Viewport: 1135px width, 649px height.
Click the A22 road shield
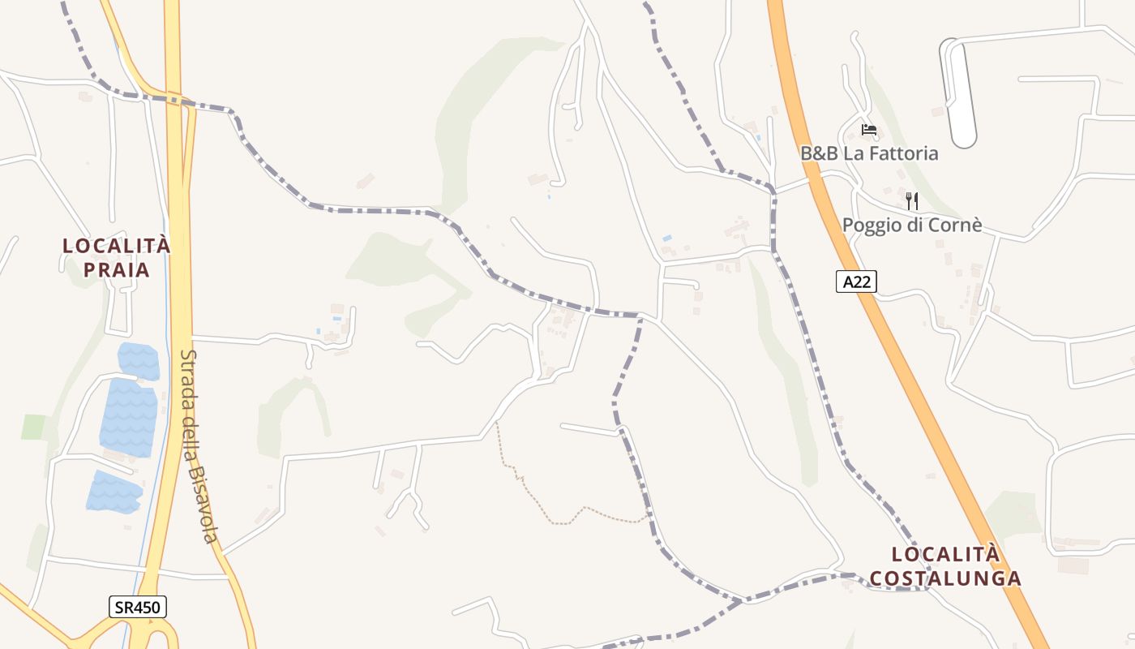[856, 282]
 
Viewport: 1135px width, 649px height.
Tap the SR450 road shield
[137, 607]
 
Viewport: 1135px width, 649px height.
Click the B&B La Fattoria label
[869, 153]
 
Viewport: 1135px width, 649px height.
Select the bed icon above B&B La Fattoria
[869, 129]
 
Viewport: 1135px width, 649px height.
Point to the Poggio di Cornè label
[912, 225]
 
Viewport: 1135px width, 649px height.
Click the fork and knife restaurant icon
[912, 200]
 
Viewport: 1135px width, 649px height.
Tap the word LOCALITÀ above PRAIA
[117, 245]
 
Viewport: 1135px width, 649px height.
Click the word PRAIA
[117, 269]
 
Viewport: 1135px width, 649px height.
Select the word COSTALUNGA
[944, 578]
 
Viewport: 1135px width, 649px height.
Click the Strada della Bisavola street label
[199, 446]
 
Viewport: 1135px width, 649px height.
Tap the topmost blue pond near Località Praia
[139, 361]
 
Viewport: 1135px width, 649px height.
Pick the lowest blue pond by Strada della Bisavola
[113, 492]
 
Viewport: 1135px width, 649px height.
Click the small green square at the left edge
[34, 427]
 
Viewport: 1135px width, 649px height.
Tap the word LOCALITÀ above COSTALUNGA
[944, 554]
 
